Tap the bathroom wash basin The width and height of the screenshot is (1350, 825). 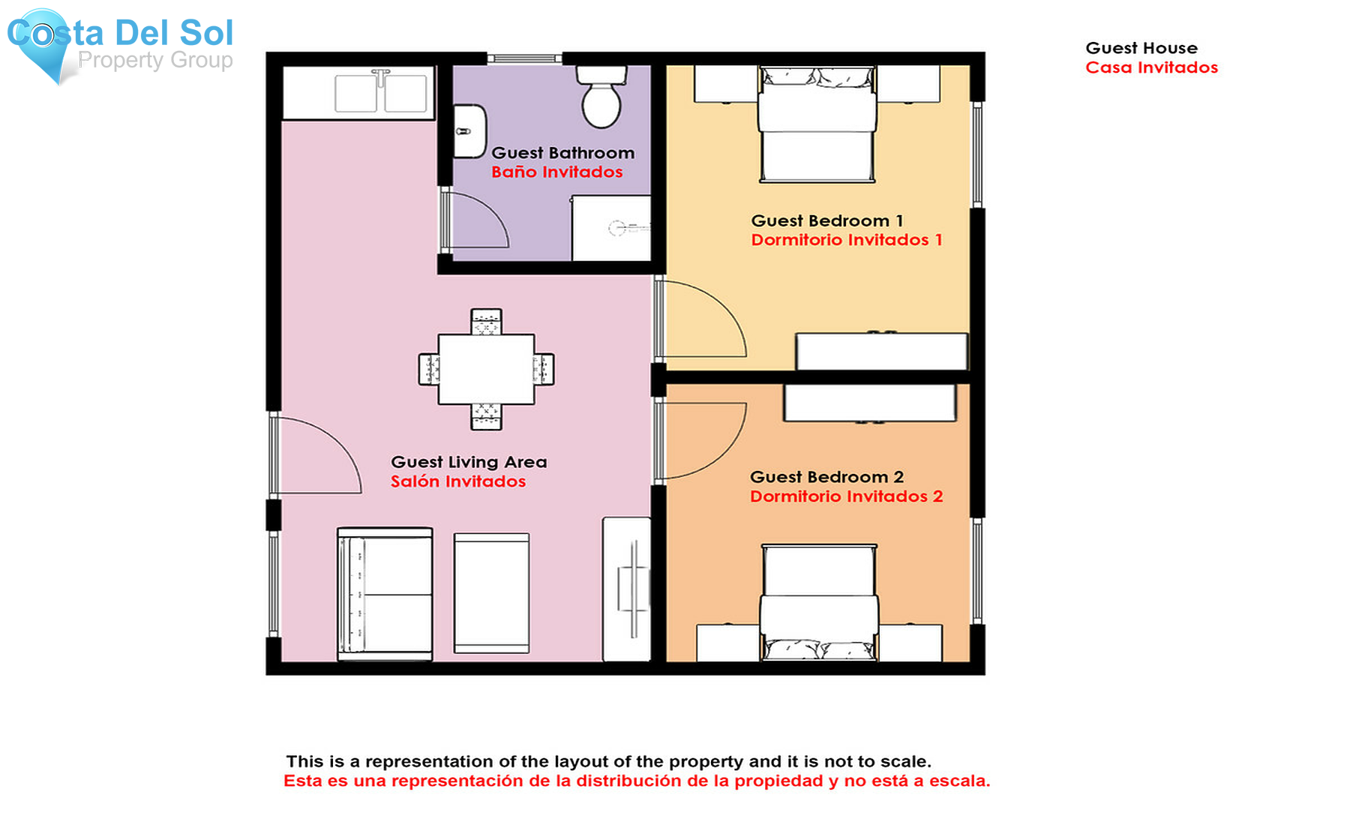tap(469, 131)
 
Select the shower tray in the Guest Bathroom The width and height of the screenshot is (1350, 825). tap(611, 228)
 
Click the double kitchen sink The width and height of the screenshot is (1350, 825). tap(381, 92)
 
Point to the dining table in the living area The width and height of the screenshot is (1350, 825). tap(486, 369)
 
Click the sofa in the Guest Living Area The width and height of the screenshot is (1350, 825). tap(385, 594)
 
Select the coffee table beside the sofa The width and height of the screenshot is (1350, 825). tap(492, 593)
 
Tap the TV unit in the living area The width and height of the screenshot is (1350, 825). tap(627, 589)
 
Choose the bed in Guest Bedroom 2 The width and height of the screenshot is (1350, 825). tap(819, 603)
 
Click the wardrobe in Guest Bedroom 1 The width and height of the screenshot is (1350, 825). tap(882, 351)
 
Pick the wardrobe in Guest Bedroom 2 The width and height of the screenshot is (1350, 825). tap(870, 403)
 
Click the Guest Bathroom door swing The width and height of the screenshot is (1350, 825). tap(476, 220)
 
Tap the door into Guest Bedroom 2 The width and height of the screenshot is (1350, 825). tap(701, 441)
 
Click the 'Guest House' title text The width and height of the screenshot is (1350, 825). tap(1141, 48)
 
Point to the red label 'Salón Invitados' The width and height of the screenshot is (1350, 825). tap(458, 481)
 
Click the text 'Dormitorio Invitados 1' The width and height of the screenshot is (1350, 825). tap(847, 240)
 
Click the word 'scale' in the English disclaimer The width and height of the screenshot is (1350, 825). tap(906, 762)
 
